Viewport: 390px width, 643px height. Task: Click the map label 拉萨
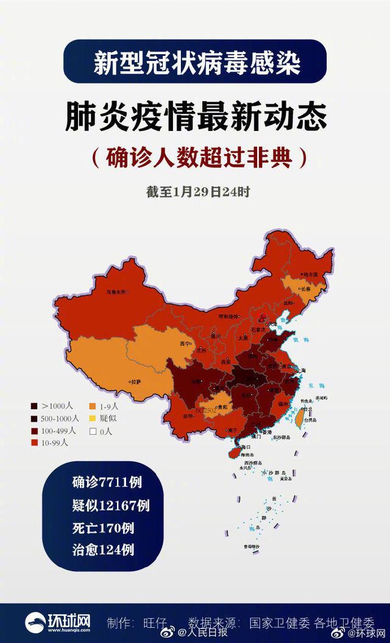tap(136, 382)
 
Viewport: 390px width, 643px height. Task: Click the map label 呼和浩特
tap(230, 317)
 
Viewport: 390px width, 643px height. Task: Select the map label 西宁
tap(185, 343)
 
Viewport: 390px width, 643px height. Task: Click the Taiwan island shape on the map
tap(300, 416)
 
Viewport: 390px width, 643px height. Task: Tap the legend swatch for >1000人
tap(35, 406)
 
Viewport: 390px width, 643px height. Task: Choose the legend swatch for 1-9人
tap(92, 406)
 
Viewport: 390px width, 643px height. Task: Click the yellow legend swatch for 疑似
tap(92, 418)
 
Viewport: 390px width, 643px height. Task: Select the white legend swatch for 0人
tap(92, 431)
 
